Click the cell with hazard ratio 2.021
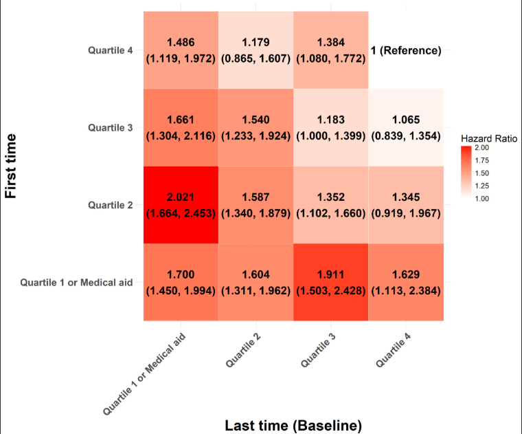[181, 205]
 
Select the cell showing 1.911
[331, 282]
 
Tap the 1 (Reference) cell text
[406, 50]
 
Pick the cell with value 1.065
[406, 128]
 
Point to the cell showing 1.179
[256, 50]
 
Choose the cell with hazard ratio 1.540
[256, 128]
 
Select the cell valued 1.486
[181, 50]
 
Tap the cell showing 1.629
[406, 282]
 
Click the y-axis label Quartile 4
[110, 50]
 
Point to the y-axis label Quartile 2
[110, 205]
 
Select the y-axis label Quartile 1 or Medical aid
[76, 283]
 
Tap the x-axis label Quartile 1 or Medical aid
[144, 374]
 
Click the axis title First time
[11, 166]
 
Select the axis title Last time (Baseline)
[293, 425]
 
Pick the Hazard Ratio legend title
[489, 139]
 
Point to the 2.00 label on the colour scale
[482, 148]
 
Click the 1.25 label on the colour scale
[482, 186]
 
